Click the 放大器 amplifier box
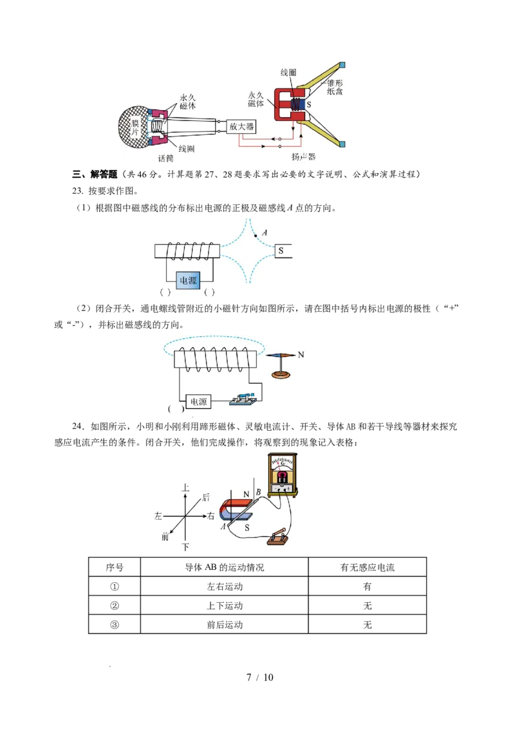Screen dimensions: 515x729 pyautogui.click(x=241, y=126)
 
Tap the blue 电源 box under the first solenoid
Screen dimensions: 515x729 pyautogui.click(x=188, y=280)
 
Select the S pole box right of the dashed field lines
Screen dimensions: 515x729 pyautogui.click(x=283, y=251)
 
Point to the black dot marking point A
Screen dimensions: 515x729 pyautogui.click(x=255, y=236)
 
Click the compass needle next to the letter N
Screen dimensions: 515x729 pyautogui.click(x=281, y=355)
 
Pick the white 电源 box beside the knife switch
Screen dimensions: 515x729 pyautogui.click(x=198, y=402)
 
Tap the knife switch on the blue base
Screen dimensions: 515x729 pyautogui.click(x=243, y=400)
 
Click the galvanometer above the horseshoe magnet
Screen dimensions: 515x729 pyautogui.click(x=283, y=475)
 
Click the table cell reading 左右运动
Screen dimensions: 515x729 pyautogui.click(x=225, y=587)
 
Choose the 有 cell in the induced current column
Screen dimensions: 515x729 pyautogui.click(x=367, y=587)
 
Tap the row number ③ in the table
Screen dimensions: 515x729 pyautogui.click(x=115, y=625)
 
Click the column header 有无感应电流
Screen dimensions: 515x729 pyautogui.click(x=367, y=567)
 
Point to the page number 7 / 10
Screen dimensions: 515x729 pyautogui.click(x=260, y=677)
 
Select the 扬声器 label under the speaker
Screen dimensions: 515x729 pyautogui.click(x=303, y=156)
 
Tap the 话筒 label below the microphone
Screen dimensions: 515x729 pyautogui.click(x=165, y=158)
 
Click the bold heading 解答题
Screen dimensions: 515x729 pyautogui.click(x=104, y=175)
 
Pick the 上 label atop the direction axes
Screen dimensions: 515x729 pyautogui.click(x=185, y=488)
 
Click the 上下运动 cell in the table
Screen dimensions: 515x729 pyautogui.click(x=225, y=606)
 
